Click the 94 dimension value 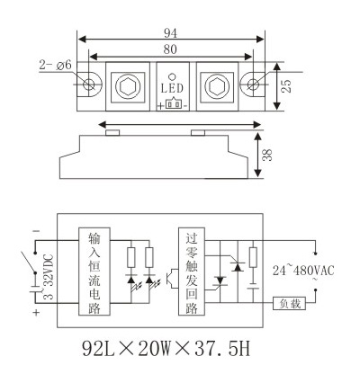pos(170,33)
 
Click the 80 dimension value pos(170,49)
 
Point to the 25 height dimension pos(286,85)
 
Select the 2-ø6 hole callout pos(56,65)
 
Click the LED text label pos(172,88)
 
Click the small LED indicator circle pos(172,76)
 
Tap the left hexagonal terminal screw pos(128,86)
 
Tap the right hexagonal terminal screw pos(217,86)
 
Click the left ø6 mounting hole pos(88,85)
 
